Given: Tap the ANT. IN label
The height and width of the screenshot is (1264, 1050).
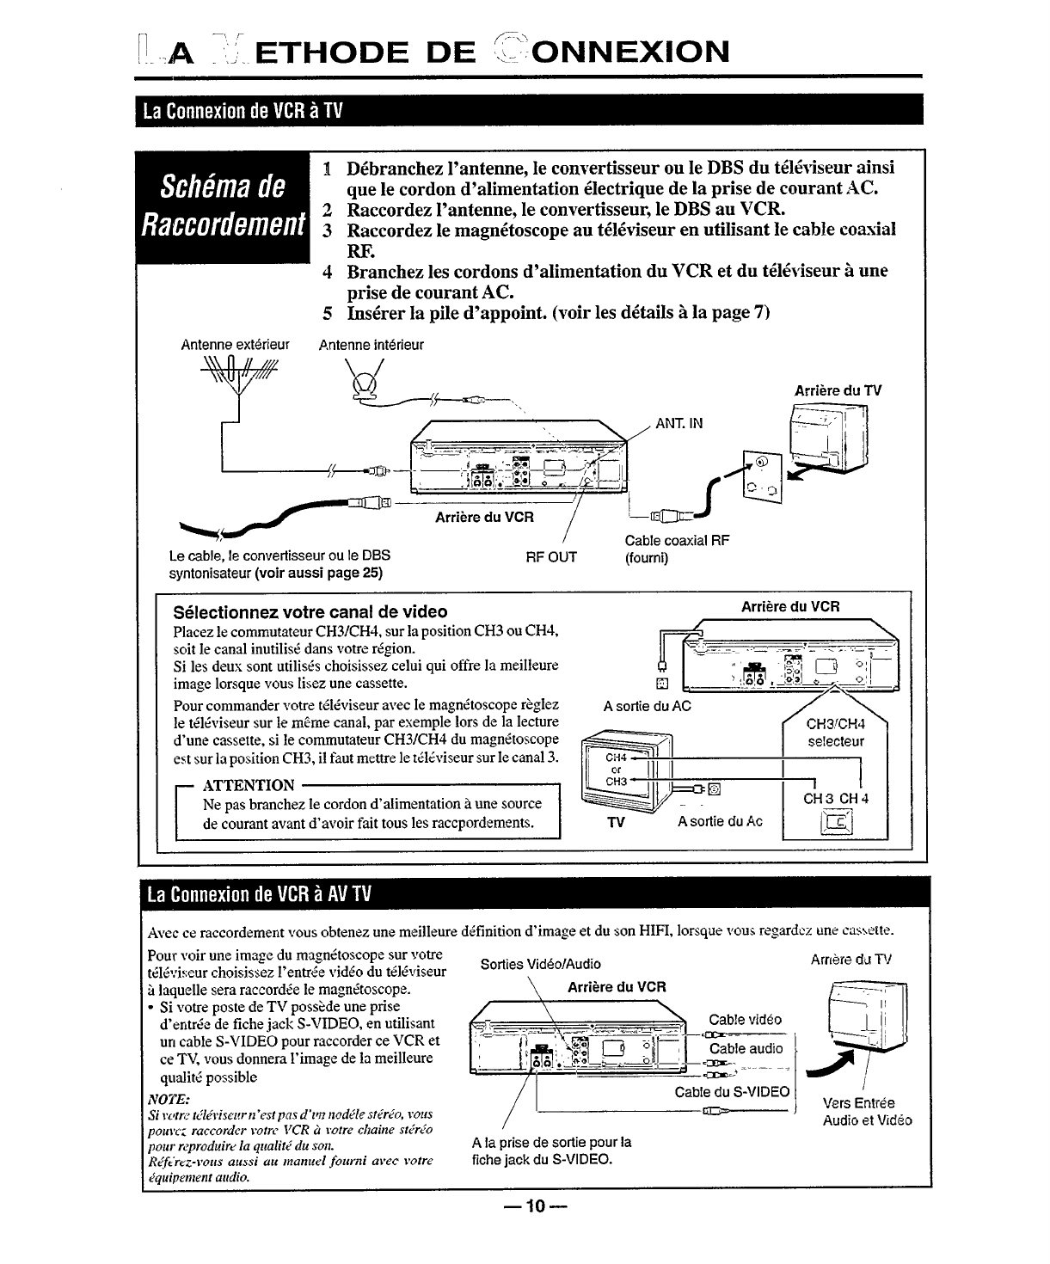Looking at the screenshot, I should pos(679,423).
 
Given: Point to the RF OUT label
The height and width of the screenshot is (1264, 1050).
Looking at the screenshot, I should pos(551,556).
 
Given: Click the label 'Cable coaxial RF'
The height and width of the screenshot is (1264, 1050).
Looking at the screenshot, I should pos(677,541).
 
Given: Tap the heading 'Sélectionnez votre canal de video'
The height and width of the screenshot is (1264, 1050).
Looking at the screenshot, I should pos(310,611).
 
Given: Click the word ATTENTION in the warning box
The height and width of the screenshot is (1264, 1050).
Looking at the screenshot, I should pos(249,784).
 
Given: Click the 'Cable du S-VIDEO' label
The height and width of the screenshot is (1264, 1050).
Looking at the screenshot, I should pos(732,1091).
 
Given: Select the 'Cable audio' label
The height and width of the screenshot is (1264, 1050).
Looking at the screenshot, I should pos(746,1048).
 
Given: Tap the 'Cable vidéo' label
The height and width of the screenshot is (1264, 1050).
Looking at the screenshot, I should pos(745,1021).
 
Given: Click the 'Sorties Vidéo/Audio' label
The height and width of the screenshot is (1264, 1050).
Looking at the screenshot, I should pos(540,964).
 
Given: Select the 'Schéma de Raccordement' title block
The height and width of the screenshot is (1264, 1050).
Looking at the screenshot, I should pos(224,206).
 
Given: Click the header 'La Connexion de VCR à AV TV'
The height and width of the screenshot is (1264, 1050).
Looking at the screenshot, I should pos(259,893).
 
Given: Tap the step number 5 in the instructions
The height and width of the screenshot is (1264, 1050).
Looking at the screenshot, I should pos(328,312).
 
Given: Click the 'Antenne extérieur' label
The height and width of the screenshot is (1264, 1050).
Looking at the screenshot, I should pos(235,345).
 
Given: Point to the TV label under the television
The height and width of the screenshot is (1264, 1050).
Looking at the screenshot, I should pos(615,822).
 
